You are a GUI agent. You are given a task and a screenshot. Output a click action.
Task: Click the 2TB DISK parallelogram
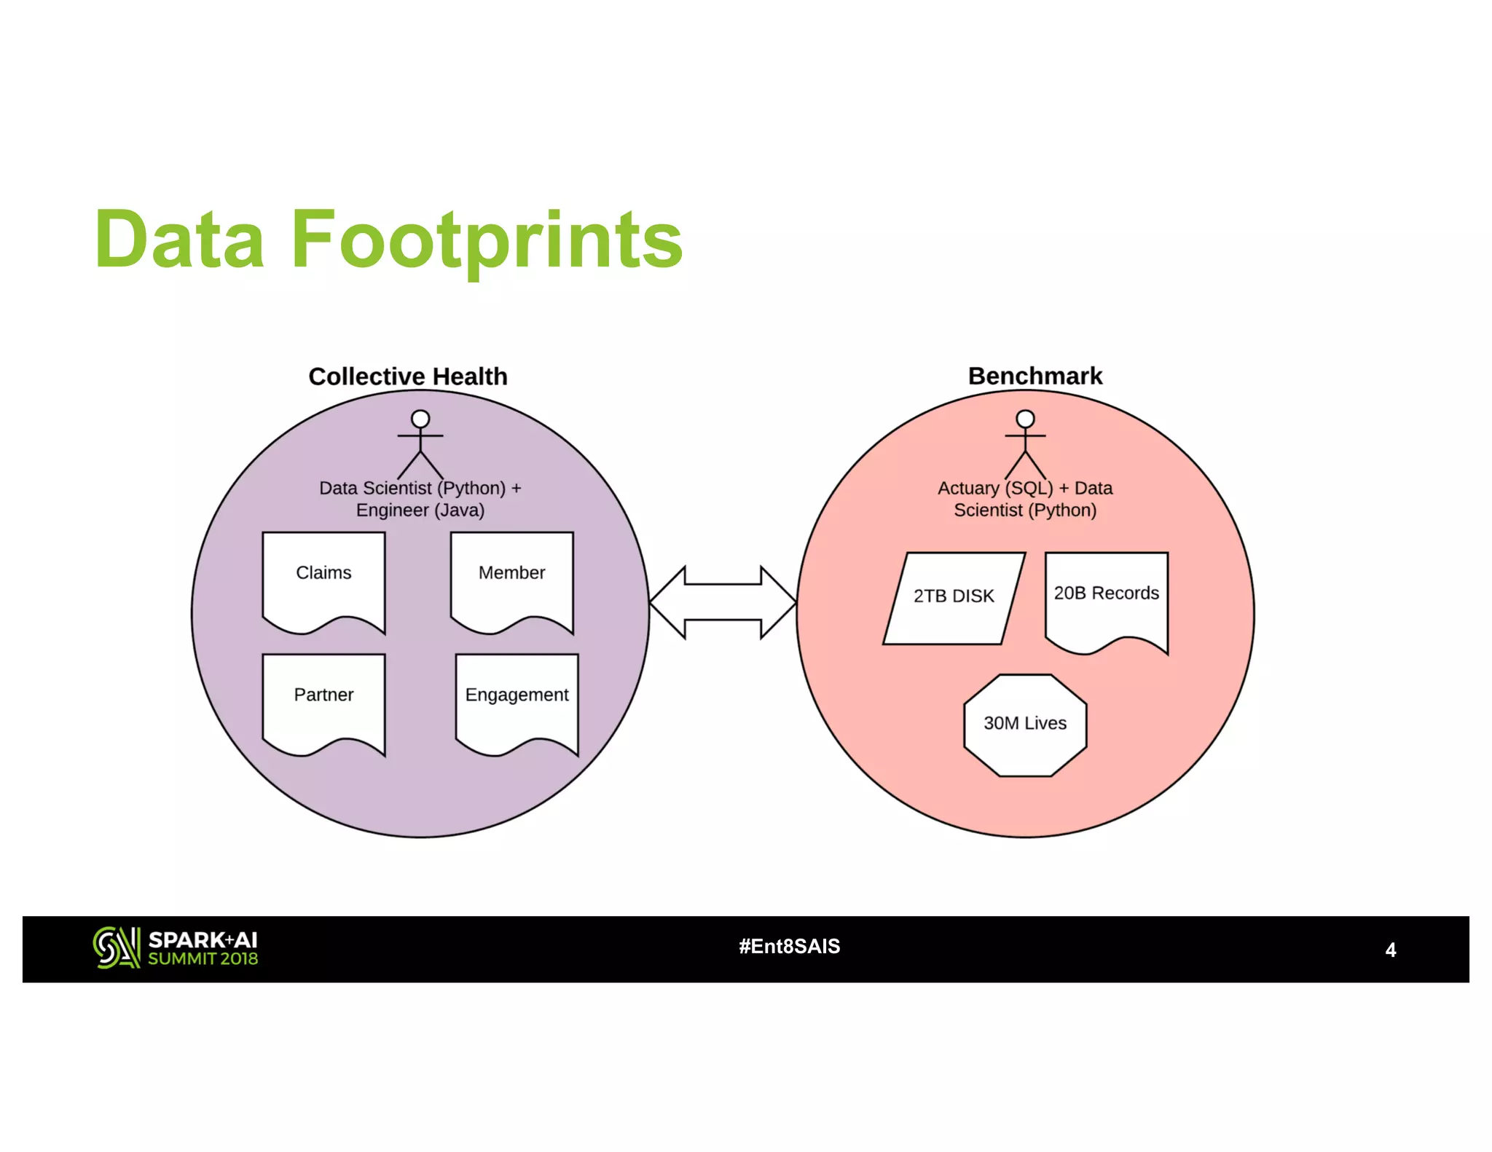tap(954, 597)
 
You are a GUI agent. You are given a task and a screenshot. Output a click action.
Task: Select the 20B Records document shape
tap(1106, 599)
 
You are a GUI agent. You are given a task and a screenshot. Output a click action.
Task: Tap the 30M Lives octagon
tap(1025, 724)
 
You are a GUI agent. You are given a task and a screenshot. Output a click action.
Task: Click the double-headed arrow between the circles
tap(723, 602)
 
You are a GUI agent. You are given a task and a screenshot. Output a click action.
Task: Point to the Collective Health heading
tap(407, 376)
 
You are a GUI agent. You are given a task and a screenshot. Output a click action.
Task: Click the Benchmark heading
tap(1034, 376)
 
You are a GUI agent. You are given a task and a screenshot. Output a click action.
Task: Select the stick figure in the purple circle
tap(420, 443)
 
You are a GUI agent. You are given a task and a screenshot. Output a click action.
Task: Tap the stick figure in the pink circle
tap(1025, 443)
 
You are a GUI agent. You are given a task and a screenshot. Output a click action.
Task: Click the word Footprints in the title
tap(487, 240)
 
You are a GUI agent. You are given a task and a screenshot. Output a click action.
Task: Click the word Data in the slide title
tap(179, 240)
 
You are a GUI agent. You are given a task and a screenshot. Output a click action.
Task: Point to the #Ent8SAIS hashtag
tap(789, 946)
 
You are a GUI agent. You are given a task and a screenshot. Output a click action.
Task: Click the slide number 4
tap(1390, 950)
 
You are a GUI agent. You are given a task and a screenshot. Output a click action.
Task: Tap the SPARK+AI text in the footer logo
tap(203, 939)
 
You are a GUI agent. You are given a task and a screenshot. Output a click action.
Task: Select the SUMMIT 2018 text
tap(203, 959)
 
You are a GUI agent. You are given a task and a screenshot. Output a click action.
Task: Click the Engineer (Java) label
tap(420, 510)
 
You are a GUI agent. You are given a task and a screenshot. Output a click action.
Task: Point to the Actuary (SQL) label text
tap(994, 488)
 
